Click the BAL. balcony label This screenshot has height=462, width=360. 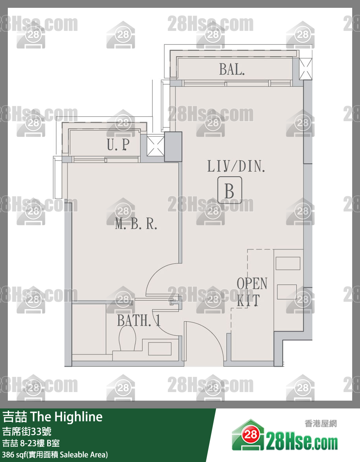pyautogui.click(x=232, y=70)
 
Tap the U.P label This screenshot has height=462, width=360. pyautogui.click(x=118, y=144)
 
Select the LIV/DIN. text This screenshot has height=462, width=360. pyautogui.click(x=236, y=166)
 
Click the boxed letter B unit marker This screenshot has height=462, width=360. pyautogui.click(x=230, y=190)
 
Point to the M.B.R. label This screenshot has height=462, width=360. pyautogui.click(x=136, y=224)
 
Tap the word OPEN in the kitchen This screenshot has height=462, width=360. pyautogui.click(x=252, y=283)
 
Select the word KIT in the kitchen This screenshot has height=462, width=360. pyautogui.click(x=248, y=301)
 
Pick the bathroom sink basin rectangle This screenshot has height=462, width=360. pyautogui.click(x=160, y=349)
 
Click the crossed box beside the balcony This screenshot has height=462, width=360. pyautogui.click(x=306, y=69)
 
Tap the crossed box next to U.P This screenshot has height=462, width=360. pyautogui.click(x=155, y=145)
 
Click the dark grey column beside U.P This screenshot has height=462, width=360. pyautogui.click(x=173, y=147)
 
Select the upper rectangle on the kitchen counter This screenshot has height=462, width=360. pyautogui.click(x=288, y=263)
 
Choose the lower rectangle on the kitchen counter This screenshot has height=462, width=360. pyautogui.click(x=287, y=292)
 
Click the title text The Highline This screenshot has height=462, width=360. pyautogui.click(x=66, y=417)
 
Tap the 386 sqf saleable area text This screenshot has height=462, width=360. pyautogui.click(x=55, y=455)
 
